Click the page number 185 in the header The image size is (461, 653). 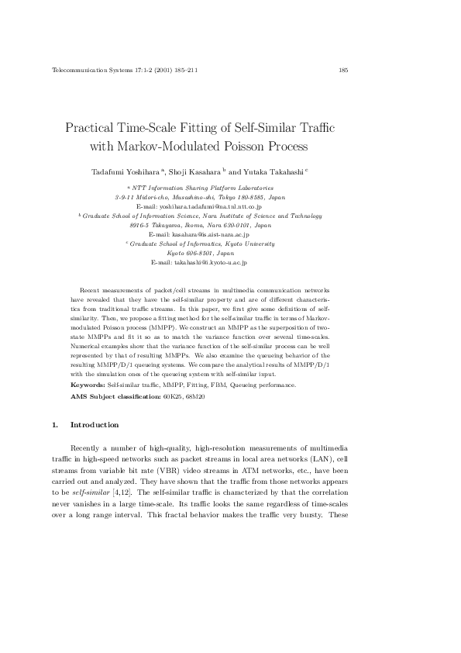point(343,71)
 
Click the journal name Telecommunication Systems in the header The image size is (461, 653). point(85,71)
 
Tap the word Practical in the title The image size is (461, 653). point(91,127)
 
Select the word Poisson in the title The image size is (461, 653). point(236,145)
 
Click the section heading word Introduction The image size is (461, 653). point(94,425)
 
